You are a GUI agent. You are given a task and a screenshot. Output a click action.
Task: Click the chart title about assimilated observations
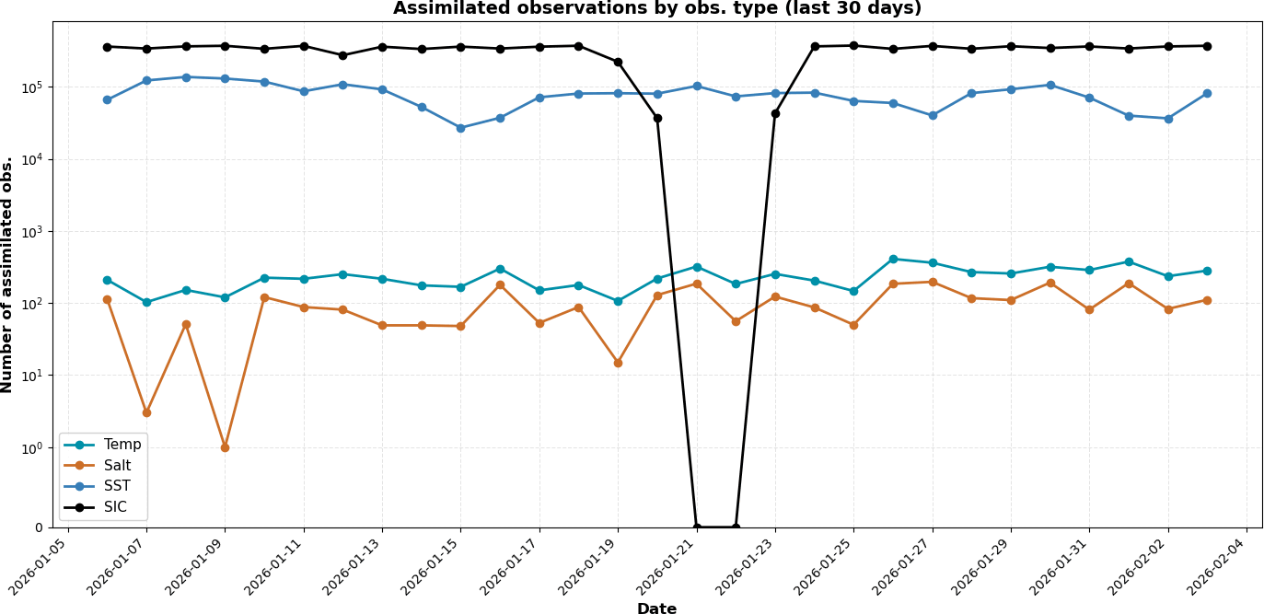coord(656,9)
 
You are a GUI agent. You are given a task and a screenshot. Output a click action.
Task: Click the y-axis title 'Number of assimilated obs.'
coord(8,274)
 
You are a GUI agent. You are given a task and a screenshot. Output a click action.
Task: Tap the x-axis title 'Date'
coord(656,608)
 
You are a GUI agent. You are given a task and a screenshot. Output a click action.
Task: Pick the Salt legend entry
coord(117,466)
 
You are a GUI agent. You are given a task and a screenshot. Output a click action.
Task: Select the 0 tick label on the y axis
coord(38,527)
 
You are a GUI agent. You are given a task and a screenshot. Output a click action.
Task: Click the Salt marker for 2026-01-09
coord(225,447)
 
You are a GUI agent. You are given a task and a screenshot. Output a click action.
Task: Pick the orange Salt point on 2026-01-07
coord(146,412)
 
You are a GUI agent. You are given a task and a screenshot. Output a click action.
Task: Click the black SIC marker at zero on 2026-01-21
coord(696,527)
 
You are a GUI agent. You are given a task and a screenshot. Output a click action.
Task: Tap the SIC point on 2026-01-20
coord(657,118)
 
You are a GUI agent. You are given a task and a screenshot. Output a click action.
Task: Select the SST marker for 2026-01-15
coord(460,128)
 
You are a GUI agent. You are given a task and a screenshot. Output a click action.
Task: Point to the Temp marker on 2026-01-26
coord(893,259)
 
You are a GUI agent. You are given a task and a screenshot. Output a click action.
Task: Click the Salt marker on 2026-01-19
coord(618,363)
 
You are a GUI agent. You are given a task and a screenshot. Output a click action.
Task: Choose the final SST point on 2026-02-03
coord(1207,93)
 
